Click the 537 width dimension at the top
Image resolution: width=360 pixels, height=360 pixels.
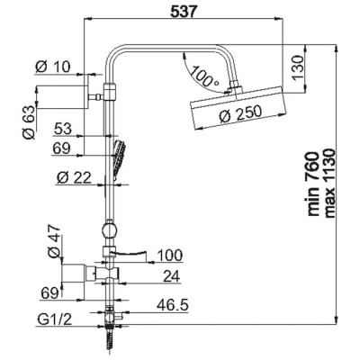pos(184,12)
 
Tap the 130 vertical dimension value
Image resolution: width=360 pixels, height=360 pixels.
pos(299,67)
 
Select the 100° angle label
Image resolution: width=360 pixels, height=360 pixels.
pos(204,76)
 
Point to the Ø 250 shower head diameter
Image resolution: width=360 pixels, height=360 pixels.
pos(240,113)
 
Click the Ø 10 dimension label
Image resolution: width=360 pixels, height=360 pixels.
pos(52,67)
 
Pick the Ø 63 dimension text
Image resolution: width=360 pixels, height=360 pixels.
pos(29,121)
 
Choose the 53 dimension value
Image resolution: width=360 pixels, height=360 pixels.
pos(63,129)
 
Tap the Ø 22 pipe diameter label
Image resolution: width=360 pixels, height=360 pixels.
pos(74,178)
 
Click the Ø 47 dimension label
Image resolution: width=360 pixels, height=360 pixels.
pos(54,241)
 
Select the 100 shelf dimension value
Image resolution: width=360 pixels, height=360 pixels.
pos(170,256)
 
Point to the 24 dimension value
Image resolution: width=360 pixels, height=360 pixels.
pos(172,276)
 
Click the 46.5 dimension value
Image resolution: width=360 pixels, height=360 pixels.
pos(173,305)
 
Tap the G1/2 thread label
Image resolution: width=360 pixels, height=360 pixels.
pos(55,319)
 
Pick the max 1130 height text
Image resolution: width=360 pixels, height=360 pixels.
pos(330,183)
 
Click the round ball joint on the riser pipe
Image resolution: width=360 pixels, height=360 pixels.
pos(109,230)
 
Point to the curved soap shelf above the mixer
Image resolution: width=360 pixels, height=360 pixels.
pos(129,256)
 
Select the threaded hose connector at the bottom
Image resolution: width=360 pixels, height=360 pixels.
pos(110,337)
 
